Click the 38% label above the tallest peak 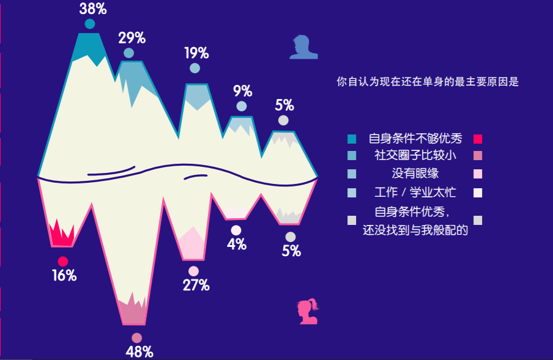[x=93, y=9]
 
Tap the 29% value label [x=132, y=38]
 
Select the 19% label [x=196, y=53]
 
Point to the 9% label [x=243, y=91]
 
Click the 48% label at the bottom [x=139, y=352]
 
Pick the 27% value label [x=196, y=285]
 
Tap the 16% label [x=64, y=276]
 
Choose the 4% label [x=236, y=244]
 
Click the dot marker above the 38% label [x=90, y=24]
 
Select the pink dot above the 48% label [x=136, y=338]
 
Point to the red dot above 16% [x=63, y=262]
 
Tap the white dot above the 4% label [x=236, y=230]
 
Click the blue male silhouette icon [x=303, y=47]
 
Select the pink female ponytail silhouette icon [x=307, y=311]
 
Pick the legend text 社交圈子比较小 [x=415, y=155]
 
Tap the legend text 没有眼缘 [x=415, y=173]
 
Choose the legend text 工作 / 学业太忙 [x=415, y=193]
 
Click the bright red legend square [x=478, y=138]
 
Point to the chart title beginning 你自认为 [x=427, y=81]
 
